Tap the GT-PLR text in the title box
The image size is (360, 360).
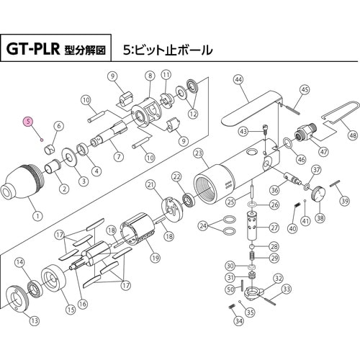click(x=36, y=50)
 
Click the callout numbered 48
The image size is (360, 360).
click(x=351, y=135)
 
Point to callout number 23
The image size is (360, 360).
click(x=199, y=152)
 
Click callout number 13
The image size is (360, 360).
click(x=35, y=320)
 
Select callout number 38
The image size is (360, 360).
click(x=320, y=218)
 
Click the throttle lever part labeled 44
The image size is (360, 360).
click(x=248, y=108)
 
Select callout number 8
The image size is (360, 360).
click(x=150, y=75)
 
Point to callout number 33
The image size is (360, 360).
click(x=287, y=289)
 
